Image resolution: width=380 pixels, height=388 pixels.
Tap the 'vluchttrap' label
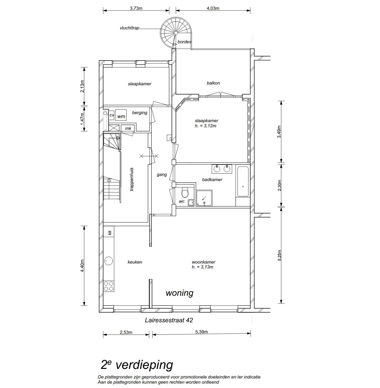(129, 28)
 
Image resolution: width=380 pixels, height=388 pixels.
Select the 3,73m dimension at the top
(136, 8)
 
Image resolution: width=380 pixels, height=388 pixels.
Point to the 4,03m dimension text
(213, 8)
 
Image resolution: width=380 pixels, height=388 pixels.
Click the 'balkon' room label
(213, 83)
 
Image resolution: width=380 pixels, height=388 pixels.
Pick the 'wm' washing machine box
(121, 116)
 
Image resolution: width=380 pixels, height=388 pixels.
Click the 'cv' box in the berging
(112, 115)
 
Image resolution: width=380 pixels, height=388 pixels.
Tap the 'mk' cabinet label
(128, 128)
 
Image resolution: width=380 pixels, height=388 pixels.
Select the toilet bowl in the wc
(185, 192)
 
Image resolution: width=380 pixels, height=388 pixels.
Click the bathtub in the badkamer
(243, 181)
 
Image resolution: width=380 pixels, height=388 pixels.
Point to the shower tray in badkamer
(204, 198)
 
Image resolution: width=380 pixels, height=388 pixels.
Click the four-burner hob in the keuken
(109, 286)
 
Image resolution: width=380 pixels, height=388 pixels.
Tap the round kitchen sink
(109, 261)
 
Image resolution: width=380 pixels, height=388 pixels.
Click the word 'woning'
(180, 293)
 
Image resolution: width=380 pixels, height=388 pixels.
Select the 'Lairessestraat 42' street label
(169, 320)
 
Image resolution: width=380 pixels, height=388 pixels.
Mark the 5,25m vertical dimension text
(280, 255)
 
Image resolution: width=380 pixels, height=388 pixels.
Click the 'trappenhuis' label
(132, 179)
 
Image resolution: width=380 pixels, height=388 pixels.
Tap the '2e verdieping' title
(137, 365)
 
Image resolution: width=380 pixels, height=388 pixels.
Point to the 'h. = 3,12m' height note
(206, 126)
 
